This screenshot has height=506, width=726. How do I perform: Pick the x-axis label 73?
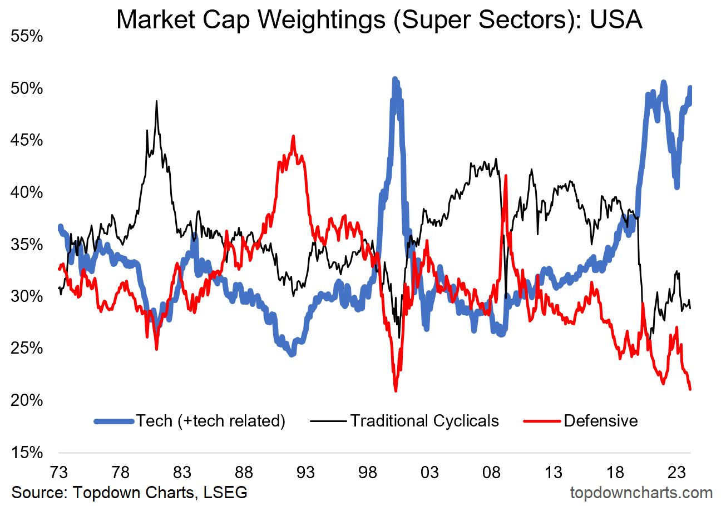(x=58, y=473)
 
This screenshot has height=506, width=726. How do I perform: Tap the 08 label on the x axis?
(x=492, y=473)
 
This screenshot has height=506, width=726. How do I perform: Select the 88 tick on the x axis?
(x=244, y=473)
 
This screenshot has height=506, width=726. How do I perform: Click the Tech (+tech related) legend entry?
(x=211, y=420)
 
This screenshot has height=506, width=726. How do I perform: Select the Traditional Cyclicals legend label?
(x=424, y=420)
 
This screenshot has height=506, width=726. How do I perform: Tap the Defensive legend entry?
(x=601, y=420)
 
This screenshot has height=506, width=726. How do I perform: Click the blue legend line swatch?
(x=114, y=421)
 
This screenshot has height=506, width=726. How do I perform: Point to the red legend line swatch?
(x=542, y=421)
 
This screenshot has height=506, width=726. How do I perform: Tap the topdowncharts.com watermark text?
(x=641, y=493)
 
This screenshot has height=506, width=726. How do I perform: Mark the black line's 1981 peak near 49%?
(x=156, y=101)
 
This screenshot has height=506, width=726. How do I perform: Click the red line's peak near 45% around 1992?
(x=293, y=136)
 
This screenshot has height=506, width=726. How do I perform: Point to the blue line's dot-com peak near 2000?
(x=394, y=80)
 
